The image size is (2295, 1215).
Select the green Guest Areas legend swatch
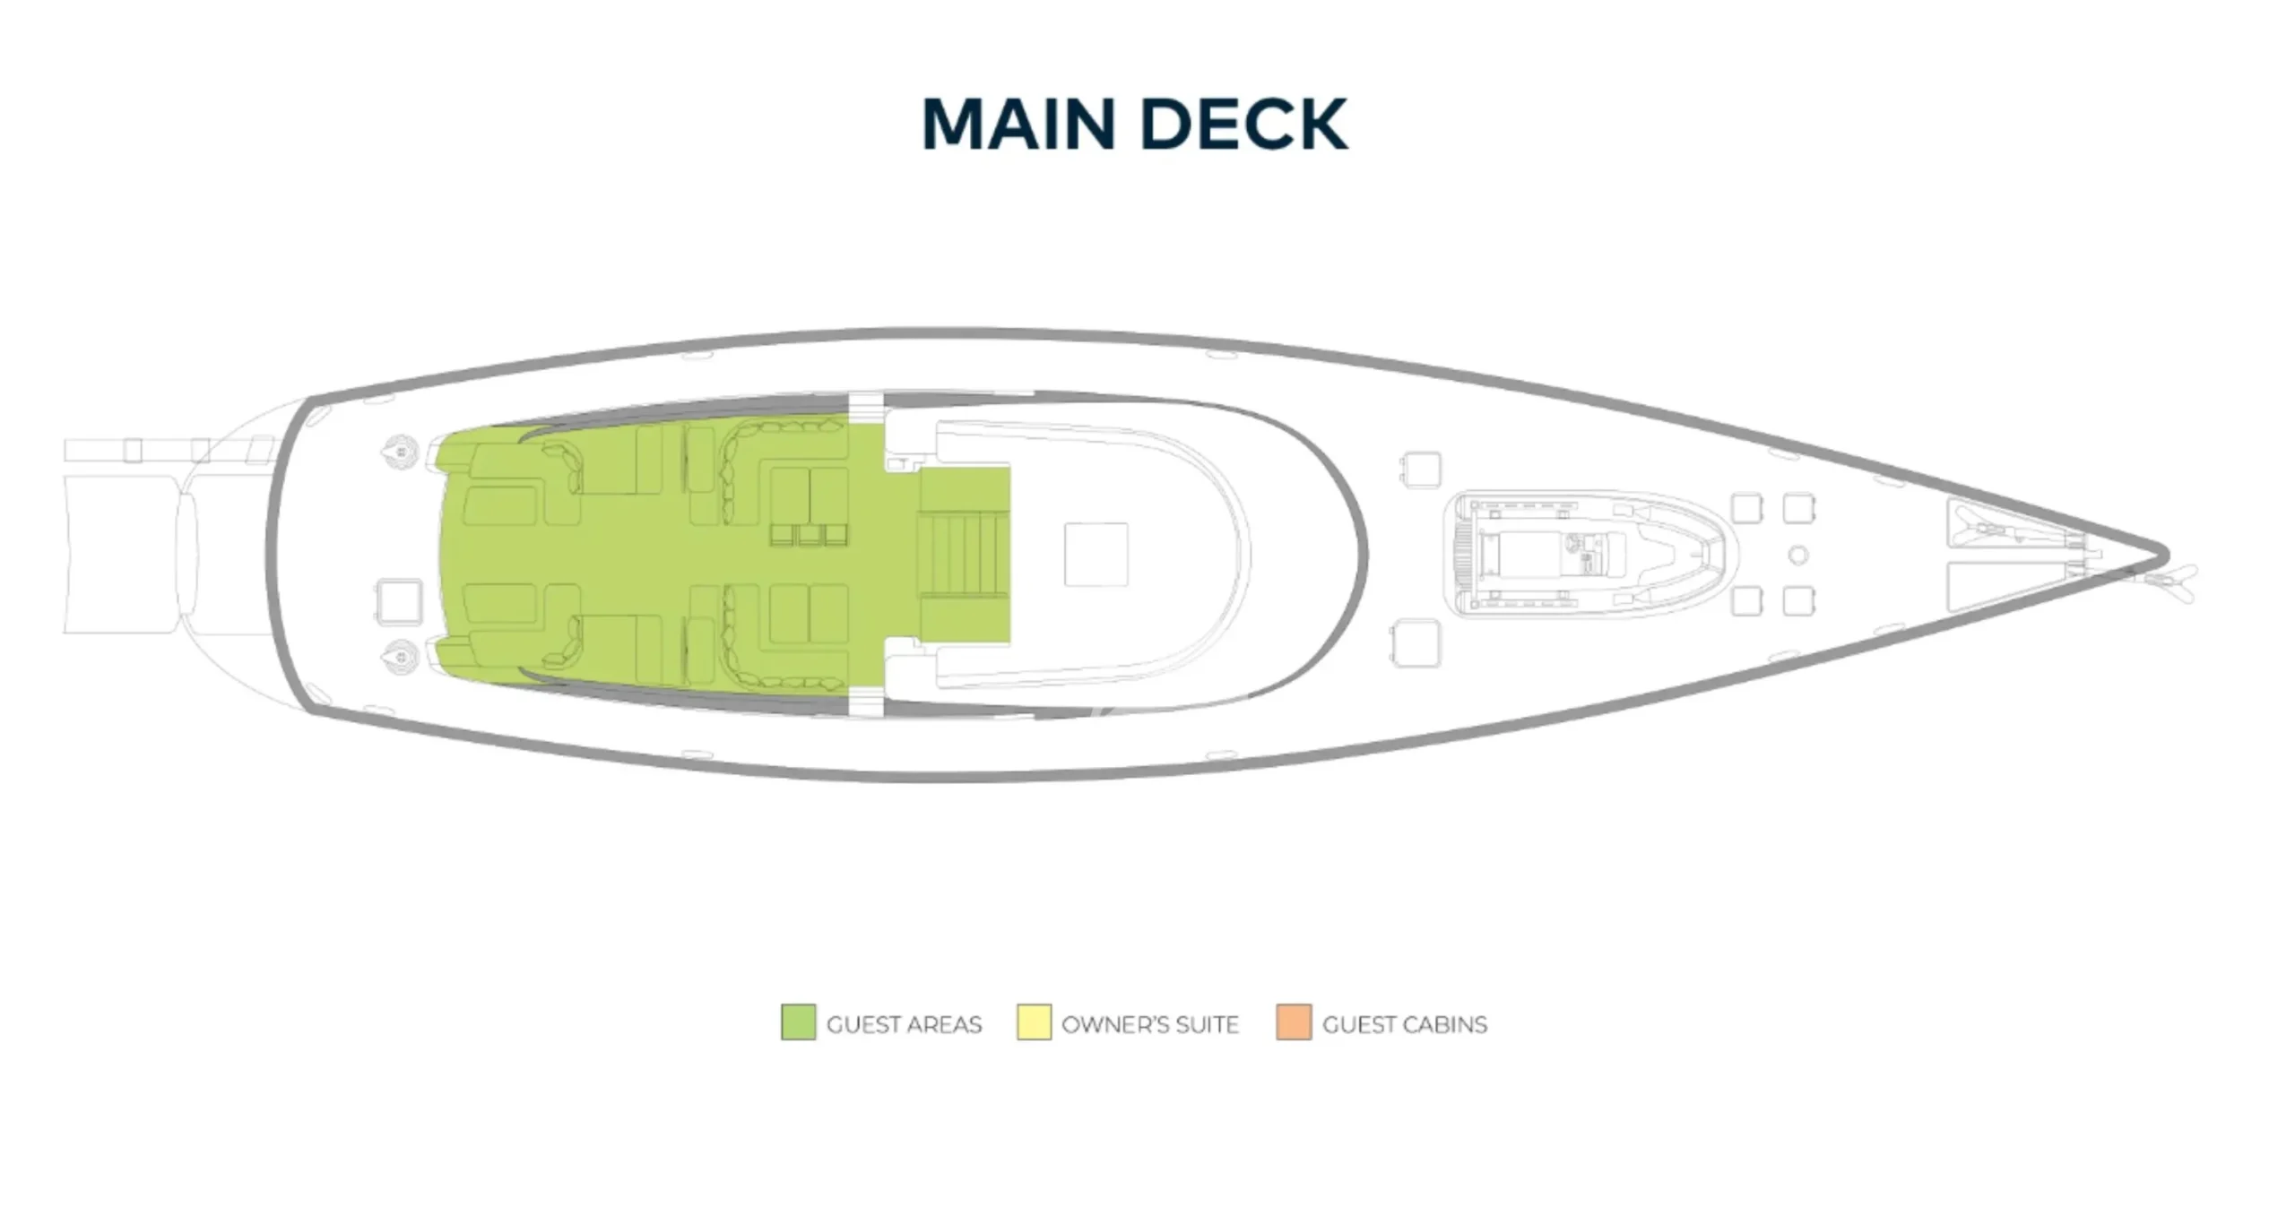[x=798, y=1022]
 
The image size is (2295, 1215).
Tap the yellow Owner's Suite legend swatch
[x=1034, y=1022]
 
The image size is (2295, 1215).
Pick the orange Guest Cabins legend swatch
[x=1294, y=1022]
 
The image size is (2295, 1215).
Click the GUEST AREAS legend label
[x=904, y=1024]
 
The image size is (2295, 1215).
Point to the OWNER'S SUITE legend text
[x=1150, y=1024]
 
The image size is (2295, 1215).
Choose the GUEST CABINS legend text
[x=1405, y=1024]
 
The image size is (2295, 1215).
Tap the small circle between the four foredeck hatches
[x=1797, y=556]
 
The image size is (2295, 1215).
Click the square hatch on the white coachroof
[x=1096, y=554]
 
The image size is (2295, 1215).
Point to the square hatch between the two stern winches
[x=399, y=601]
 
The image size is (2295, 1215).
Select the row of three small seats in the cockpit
[x=810, y=534]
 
